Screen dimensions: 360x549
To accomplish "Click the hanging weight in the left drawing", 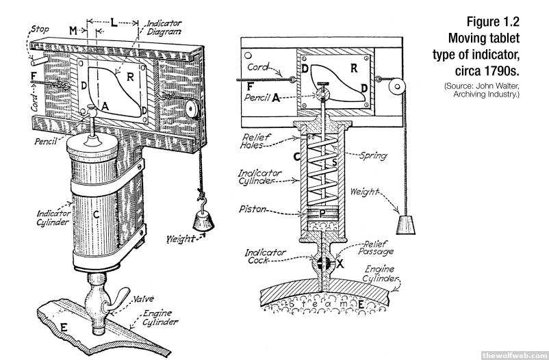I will point(203,220).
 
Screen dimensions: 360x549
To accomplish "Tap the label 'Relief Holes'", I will point(256,142).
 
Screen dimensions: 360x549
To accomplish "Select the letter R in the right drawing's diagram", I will point(353,68).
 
